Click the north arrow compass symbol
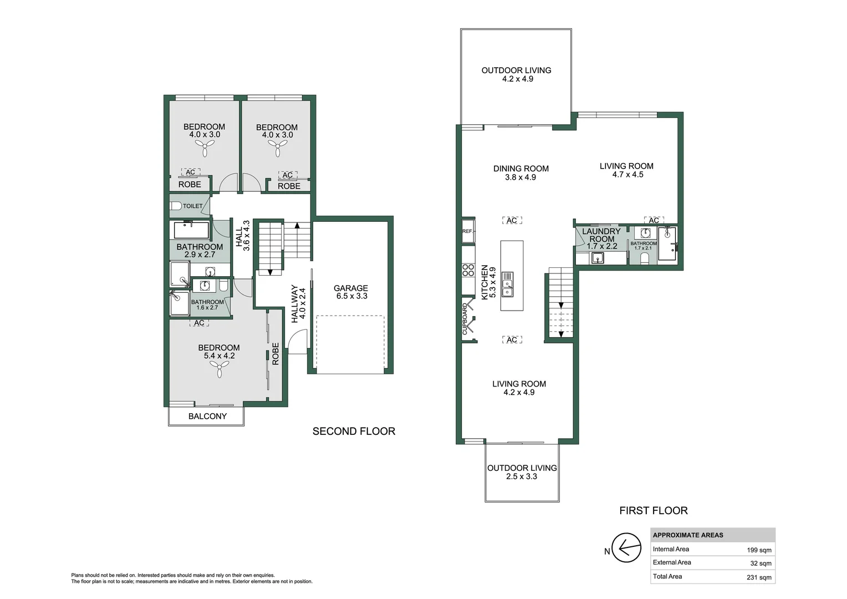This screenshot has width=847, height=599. click(x=626, y=548)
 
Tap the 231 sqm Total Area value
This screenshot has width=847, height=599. click(x=758, y=577)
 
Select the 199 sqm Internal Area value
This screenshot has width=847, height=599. click(x=758, y=550)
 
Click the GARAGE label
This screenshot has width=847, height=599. click(x=350, y=288)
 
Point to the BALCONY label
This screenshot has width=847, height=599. click(x=207, y=416)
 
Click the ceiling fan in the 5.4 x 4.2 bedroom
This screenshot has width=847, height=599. click(x=220, y=368)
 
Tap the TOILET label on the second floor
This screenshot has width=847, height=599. click(x=192, y=206)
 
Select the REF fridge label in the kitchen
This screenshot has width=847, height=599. click(x=467, y=231)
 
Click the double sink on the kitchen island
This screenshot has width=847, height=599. click(x=507, y=284)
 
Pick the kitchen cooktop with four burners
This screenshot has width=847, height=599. click(x=468, y=270)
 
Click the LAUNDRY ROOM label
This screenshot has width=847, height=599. click(x=601, y=235)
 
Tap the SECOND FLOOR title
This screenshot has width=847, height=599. click(x=354, y=431)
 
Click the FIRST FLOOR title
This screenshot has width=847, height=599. click(x=653, y=510)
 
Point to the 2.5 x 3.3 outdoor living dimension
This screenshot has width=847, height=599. click(x=521, y=476)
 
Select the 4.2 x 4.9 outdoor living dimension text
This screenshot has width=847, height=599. click(x=517, y=79)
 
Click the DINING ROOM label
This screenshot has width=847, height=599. click(x=521, y=169)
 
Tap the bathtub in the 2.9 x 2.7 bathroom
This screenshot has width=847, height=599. click(x=191, y=230)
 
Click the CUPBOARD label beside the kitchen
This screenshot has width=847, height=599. click(x=465, y=319)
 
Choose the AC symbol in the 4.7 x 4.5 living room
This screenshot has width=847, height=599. click(x=654, y=220)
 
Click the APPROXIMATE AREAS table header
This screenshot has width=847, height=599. click(x=687, y=535)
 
